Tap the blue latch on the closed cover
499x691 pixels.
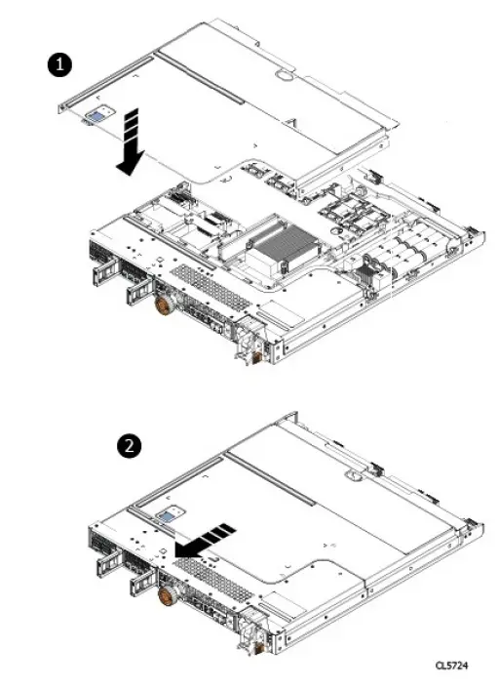(172, 514)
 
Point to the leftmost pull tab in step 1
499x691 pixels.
(99, 270)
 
